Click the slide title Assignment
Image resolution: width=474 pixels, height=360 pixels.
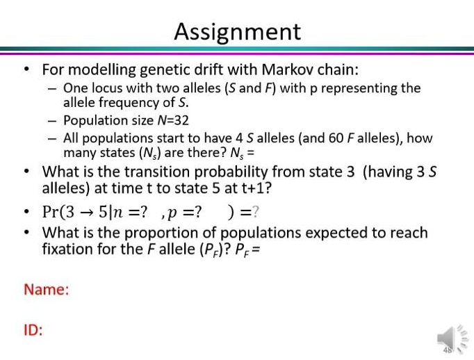click(x=237, y=31)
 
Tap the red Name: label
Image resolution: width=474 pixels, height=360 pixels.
click(x=47, y=290)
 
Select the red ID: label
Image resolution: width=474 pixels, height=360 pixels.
click(x=33, y=330)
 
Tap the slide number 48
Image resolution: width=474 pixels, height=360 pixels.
click(x=447, y=350)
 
